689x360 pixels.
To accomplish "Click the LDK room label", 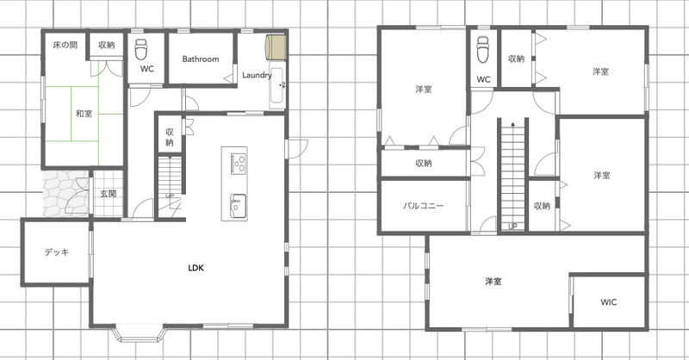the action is pyautogui.click(x=196, y=268).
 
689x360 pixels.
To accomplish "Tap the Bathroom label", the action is pyautogui.click(x=201, y=59).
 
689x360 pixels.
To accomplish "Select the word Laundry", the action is pyautogui.click(x=257, y=75).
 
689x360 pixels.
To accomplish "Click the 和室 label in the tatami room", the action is pyautogui.click(x=84, y=114).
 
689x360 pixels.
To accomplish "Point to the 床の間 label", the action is pyautogui.click(x=65, y=45).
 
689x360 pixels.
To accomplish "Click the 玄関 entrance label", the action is pyautogui.click(x=108, y=194).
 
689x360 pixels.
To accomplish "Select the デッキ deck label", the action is pyautogui.click(x=57, y=252).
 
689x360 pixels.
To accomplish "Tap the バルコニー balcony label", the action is pyautogui.click(x=424, y=206).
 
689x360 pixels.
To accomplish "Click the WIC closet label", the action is pyautogui.click(x=609, y=302).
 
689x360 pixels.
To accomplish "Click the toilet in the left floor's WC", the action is pyautogui.click(x=141, y=49).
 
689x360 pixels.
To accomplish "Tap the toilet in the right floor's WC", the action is pyautogui.click(x=483, y=49).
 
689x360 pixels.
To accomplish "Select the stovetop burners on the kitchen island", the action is pyautogui.click(x=239, y=163).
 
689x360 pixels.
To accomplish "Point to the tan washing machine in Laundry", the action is pyautogui.click(x=276, y=47).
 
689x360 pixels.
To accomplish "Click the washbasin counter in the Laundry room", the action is pyautogui.click(x=277, y=88).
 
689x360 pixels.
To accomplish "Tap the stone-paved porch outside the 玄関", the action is pyautogui.click(x=66, y=194).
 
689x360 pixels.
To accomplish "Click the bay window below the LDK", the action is pyautogui.click(x=140, y=333).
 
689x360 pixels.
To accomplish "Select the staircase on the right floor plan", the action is pyautogui.click(x=512, y=174).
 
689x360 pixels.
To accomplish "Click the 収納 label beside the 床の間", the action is pyautogui.click(x=107, y=45).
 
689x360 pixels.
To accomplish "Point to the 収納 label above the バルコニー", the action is pyautogui.click(x=424, y=164).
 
